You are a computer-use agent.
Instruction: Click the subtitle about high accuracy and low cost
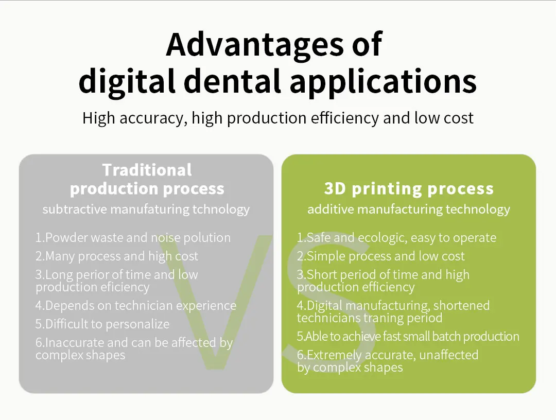[x=277, y=118]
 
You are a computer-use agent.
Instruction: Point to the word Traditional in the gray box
[x=147, y=170]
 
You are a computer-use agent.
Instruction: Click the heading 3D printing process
[x=409, y=189]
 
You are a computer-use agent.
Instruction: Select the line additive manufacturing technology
[x=409, y=209]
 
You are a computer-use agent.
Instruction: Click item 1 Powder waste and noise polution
[x=133, y=238]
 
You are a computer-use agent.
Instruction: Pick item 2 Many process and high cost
[x=116, y=256]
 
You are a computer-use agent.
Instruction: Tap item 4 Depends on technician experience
[x=136, y=306]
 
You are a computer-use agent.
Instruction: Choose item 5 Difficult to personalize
[x=102, y=324]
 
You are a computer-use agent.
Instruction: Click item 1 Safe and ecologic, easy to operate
[x=396, y=238]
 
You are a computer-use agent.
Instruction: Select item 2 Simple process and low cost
[x=380, y=256]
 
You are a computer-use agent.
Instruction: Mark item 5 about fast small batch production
[x=408, y=337]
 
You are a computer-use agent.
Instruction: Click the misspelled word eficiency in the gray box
[x=124, y=287]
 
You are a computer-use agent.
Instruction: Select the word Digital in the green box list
[x=326, y=306]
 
